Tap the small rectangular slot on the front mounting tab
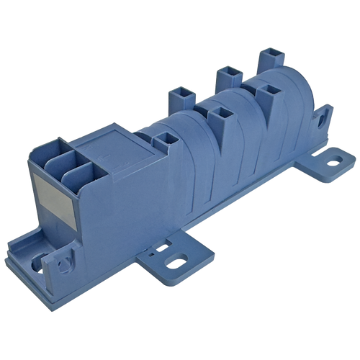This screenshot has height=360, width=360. [x=151, y=253]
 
